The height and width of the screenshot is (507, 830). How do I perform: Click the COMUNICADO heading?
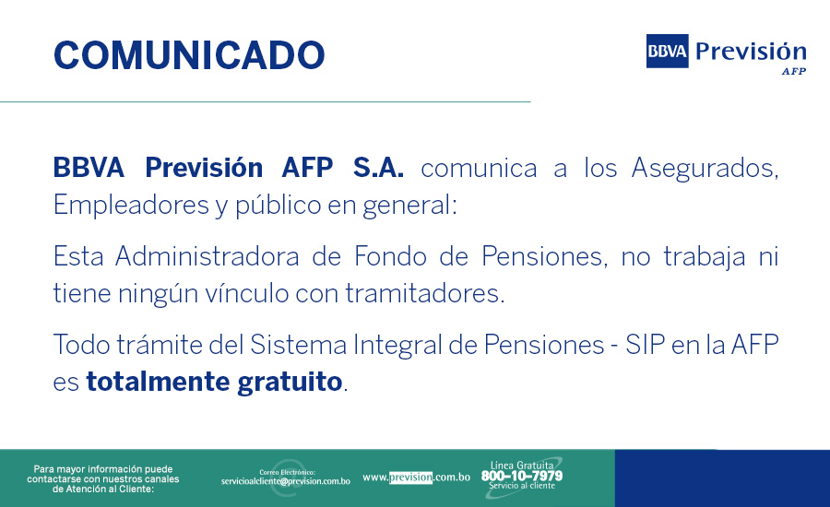pyautogui.click(x=189, y=55)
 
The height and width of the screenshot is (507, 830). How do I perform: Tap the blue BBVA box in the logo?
pyautogui.click(x=667, y=51)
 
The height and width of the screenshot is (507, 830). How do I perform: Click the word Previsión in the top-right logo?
pyautogui.click(x=751, y=52)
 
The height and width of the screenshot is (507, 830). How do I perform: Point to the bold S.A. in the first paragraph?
pyautogui.click(x=378, y=168)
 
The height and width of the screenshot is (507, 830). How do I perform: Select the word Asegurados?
pyautogui.click(x=705, y=169)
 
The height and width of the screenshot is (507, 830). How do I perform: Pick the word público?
pyautogui.click(x=278, y=206)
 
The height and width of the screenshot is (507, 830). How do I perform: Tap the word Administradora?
pyautogui.click(x=207, y=256)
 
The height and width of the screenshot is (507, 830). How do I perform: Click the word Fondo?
pyautogui.click(x=390, y=256)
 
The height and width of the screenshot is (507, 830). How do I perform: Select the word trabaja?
pyautogui.click(x=705, y=257)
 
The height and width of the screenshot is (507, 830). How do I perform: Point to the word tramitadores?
pyautogui.click(x=425, y=293)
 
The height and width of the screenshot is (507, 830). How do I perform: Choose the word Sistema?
pyautogui.click(x=298, y=345)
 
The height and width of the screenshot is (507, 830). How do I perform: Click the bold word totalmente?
pyautogui.click(x=158, y=382)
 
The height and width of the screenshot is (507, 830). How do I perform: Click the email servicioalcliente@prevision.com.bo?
pyautogui.click(x=285, y=481)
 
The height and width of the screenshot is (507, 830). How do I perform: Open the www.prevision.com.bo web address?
pyautogui.click(x=416, y=478)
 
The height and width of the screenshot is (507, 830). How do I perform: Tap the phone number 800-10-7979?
pyautogui.click(x=521, y=476)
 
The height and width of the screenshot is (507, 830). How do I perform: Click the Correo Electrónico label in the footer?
pyautogui.click(x=288, y=472)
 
